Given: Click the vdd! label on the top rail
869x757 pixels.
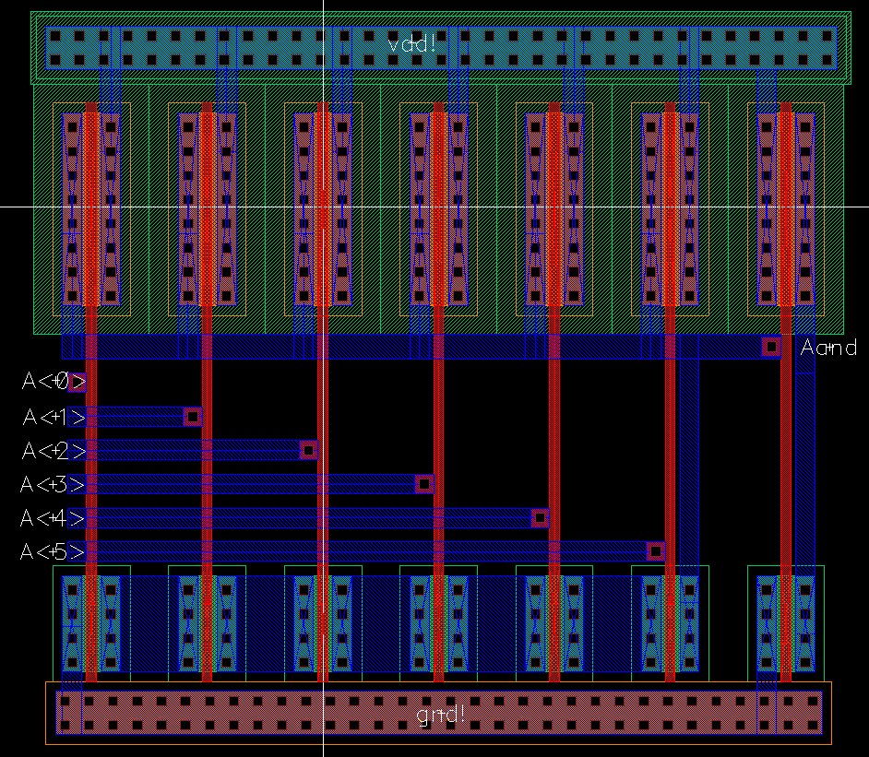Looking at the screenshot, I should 411,44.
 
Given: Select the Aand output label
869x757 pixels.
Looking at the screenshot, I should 828,348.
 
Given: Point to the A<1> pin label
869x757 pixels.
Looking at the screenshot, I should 54,417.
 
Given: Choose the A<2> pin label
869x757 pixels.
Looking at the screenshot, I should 54,451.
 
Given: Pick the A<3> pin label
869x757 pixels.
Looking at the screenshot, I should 54,484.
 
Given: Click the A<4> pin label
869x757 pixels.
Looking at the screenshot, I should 54,518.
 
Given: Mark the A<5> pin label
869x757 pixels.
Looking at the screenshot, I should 54,552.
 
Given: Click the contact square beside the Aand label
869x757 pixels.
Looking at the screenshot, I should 771,347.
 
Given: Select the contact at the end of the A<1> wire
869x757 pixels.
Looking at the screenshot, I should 193,416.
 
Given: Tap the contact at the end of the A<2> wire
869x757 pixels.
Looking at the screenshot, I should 309,450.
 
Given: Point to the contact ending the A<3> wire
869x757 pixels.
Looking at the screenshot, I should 424,483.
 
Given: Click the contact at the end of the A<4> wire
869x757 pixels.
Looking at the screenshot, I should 540,517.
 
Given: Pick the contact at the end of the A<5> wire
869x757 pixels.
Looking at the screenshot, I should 656,551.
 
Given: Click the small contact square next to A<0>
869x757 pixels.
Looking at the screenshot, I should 77,382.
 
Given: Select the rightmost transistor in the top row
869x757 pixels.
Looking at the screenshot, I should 786,208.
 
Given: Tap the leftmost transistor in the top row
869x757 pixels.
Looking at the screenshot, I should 91,208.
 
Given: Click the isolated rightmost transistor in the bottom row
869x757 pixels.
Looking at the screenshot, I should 786,623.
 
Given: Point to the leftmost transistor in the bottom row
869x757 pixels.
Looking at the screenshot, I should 91,623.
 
